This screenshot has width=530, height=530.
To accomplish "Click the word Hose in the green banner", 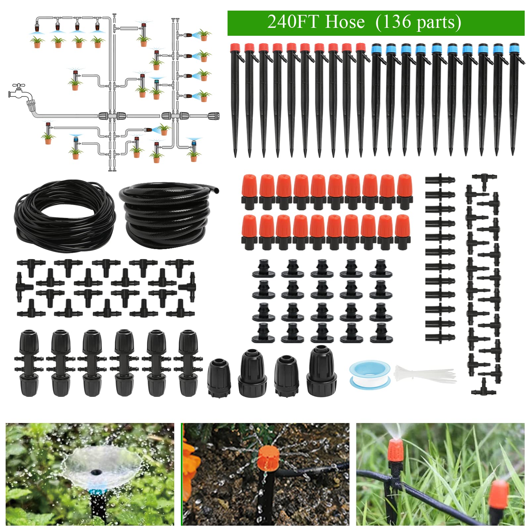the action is tap(345, 22).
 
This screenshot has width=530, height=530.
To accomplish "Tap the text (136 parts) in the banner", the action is tap(418, 23).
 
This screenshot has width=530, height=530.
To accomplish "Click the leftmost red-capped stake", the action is tap(235, 99).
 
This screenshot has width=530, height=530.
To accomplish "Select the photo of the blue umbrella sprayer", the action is tap(90, 474).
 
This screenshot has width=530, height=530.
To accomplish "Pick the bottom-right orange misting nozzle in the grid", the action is tap(402, 232).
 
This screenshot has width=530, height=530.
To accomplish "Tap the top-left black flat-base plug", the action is tap(264, 269).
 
